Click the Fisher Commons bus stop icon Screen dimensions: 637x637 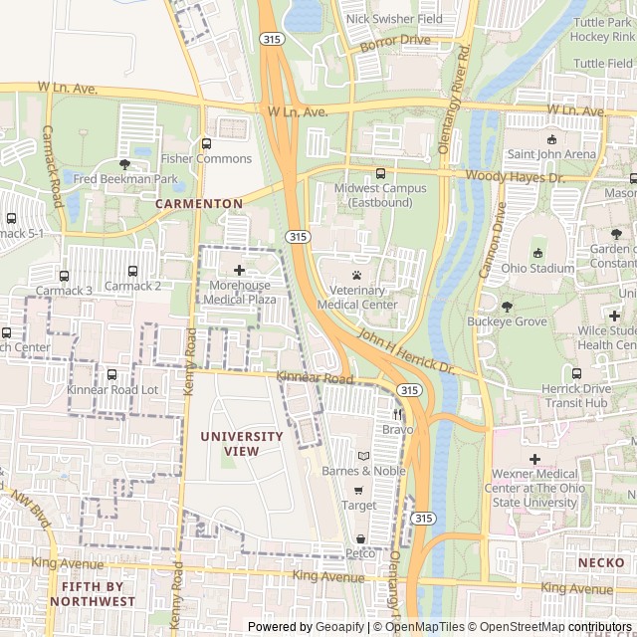(206, 143)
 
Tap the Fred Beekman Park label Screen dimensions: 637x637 (125, 179)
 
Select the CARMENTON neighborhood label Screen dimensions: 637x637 (199, 203)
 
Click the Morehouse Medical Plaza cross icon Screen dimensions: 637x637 (239, 270)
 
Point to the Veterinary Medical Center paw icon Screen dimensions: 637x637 (356, 275)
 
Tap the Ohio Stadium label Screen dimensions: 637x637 (538, 269)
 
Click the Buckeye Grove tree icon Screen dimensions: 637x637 (507, 307)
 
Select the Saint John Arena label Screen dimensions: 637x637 (551, 154)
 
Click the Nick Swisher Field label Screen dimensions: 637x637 (394, 19)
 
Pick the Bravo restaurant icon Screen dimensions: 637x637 (397, 414)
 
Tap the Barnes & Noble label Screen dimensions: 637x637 (363, 471)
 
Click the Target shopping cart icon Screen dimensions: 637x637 (358, 491)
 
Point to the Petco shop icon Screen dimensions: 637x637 (359, 538)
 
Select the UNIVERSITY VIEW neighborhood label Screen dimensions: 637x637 (242, 444)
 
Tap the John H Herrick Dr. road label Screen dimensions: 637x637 (405, 353)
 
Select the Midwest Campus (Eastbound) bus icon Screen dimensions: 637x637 (380, 173)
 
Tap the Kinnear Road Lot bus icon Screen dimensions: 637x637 (111, 375)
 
